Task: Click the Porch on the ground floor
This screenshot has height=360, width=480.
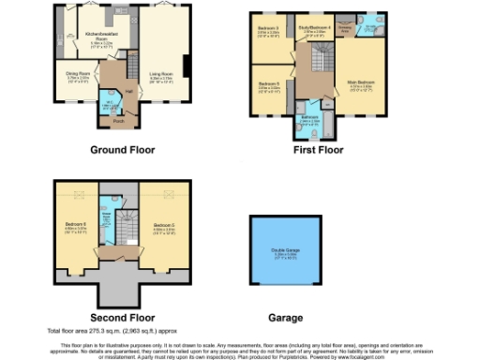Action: (119, 120)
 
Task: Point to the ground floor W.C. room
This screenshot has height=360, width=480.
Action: (109, 103)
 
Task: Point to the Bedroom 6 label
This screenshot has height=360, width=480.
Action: (75, 226)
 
